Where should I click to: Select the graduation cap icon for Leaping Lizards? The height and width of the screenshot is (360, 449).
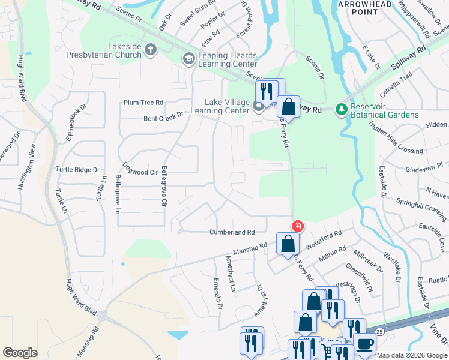point(188,58)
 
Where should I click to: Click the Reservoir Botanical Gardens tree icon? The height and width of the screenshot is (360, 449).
point(342,109)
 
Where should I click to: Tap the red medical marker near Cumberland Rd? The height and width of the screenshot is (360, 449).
point(297,226)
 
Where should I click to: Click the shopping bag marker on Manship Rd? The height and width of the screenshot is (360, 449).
point(288,243)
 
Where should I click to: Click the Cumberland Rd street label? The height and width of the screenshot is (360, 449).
point(232,232)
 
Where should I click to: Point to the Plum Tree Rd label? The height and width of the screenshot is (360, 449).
point(143,103)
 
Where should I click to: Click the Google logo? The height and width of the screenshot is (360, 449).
point(20,353)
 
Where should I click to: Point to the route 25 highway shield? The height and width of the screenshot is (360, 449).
point(379,331)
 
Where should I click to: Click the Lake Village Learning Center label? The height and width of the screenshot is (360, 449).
point(219,106)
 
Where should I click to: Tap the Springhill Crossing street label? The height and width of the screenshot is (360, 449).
point(422,207)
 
